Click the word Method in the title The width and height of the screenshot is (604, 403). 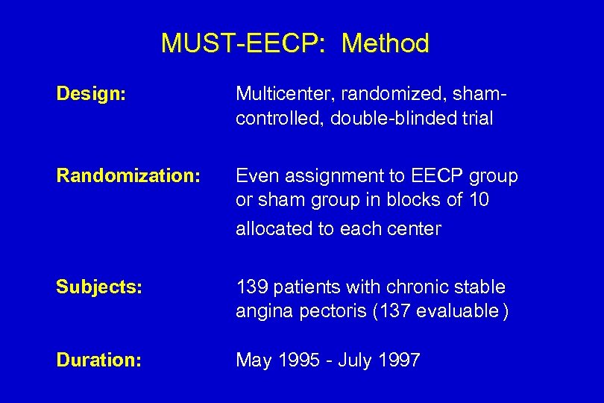click(386, 43)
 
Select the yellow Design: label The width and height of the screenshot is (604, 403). click(91, 94)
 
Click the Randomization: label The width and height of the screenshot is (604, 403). click(128, 175)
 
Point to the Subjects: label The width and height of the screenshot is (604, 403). click(98, 287)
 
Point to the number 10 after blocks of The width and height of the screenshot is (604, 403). click(478, 201)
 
